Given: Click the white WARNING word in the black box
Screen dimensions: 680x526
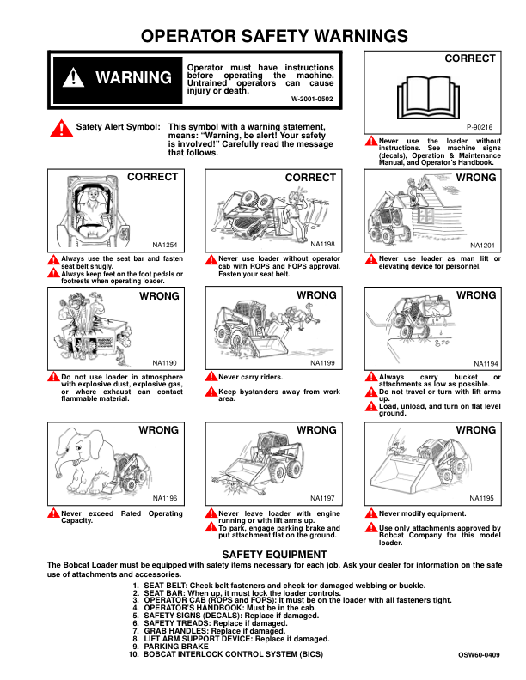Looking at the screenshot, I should [x=133, y=78].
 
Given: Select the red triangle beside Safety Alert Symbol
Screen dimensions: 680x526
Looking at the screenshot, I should [x=61, y=128].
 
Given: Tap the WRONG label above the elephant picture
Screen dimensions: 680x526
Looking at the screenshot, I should [x=159, y=428].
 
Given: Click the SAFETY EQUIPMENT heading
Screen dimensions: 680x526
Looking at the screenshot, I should [x=263, y=554].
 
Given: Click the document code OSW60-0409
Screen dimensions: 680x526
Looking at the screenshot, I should [x=479, y=654].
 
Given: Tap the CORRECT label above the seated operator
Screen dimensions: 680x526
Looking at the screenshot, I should [x=152, y=177].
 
